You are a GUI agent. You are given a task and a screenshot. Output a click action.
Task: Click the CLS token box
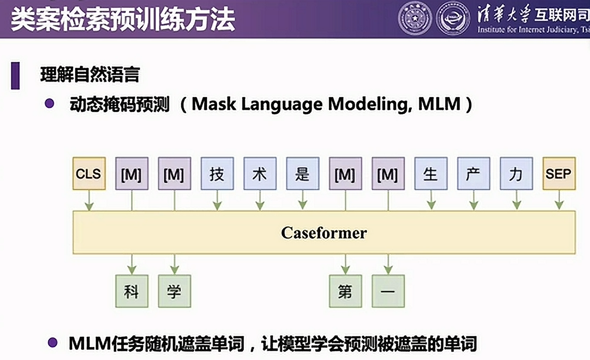tap(89, 173)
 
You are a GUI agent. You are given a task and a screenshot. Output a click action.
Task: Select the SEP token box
tap(559, 173)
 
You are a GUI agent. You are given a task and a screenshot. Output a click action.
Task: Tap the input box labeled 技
tap(217, 173)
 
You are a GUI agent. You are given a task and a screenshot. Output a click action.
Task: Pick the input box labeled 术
tap(260, 173)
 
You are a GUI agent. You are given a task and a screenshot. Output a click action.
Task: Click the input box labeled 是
tap(303, 173)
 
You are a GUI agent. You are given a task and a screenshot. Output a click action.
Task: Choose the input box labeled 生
tap(431, 173)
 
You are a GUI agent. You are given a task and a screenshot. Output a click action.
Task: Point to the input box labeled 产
tap(474, 173)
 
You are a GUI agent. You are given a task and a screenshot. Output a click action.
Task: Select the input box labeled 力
tap(516, 173)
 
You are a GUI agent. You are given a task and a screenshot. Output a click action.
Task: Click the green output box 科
tap(132, 291)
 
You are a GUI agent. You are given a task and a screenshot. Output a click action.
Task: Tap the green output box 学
tap(174, 291)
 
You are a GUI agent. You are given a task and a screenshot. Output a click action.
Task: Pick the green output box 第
tap(345, 291)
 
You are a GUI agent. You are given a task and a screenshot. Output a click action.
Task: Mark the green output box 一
tap(388, 291)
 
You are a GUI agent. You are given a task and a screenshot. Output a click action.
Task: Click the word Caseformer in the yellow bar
tap(324, 233)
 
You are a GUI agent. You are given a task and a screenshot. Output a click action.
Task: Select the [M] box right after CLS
tap(132, 173)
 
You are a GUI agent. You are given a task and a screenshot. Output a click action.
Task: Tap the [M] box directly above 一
tap(388, 173)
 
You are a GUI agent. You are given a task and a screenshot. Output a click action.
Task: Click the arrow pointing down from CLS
tap(89, 200)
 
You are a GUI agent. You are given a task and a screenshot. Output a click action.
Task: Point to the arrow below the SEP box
tap(559, 200)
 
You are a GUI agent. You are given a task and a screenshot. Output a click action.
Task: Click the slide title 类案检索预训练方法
tap(123, 20)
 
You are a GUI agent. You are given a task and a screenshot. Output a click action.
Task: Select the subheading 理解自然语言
tap(90, 75)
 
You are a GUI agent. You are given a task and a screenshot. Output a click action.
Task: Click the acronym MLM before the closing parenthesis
tap(439, 104)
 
